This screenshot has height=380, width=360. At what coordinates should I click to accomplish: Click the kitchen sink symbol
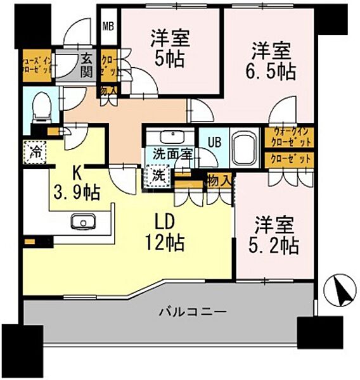click(82, 220)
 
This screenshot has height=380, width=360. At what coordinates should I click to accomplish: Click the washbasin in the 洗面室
click(169, 137)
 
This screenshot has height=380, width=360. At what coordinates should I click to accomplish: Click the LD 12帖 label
click(167, 231)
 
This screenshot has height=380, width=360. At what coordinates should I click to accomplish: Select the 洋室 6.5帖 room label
click(272, 60)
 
